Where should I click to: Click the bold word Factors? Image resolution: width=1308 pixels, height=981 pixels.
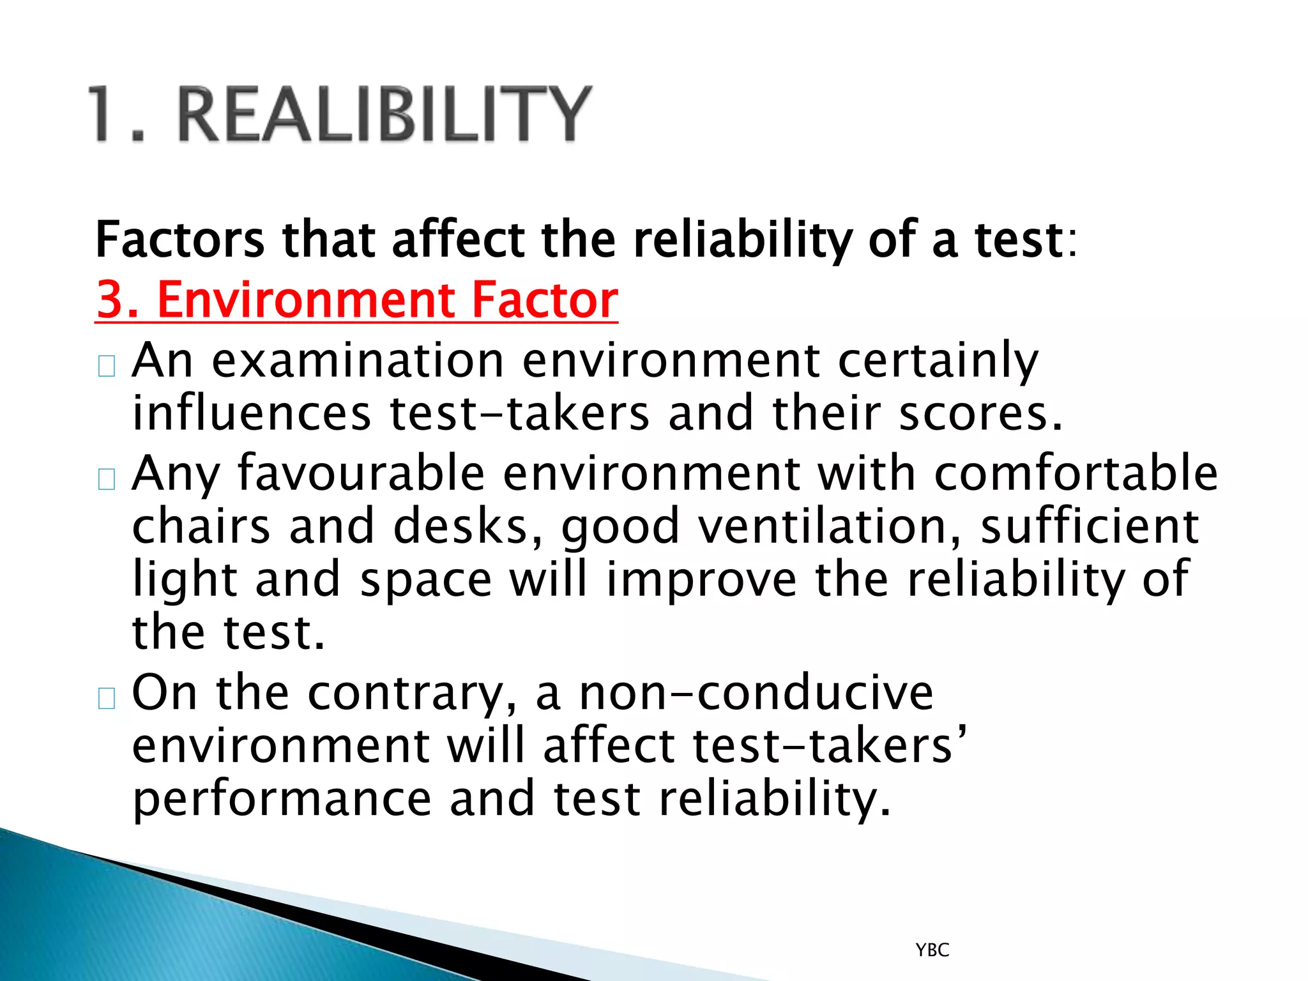(x=179, y=240)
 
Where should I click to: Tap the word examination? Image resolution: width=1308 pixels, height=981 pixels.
(x=358, y=361)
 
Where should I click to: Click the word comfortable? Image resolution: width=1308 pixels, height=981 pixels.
(x=1076, y=473)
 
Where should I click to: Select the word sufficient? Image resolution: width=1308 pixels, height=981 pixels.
(x=1090, y=526)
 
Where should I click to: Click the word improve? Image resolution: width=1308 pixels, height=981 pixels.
(x=701, y=580)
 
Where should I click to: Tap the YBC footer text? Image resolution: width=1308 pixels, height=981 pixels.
(x=932, y=950)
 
